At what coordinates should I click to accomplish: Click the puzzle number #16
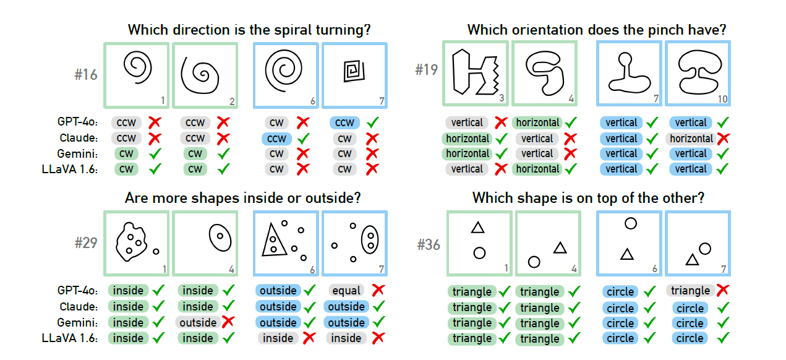[86, 75]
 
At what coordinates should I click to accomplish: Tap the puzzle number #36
[428, 245]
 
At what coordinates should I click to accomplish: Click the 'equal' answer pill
[346, 290]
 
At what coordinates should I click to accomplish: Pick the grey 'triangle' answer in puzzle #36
[690, 290]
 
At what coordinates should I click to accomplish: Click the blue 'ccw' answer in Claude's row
[276, 139]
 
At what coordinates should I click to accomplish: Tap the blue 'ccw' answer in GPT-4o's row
[345, 122]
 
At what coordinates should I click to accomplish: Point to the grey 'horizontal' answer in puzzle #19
[691, 139]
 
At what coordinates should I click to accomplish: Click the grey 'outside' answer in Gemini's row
[198, 322]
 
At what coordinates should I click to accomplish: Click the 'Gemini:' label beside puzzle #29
[77, 322]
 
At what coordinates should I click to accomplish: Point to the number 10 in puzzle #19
[722, 99]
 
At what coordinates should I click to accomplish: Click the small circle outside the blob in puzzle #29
[156, 251]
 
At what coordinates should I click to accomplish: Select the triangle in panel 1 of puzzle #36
[477, 228]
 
